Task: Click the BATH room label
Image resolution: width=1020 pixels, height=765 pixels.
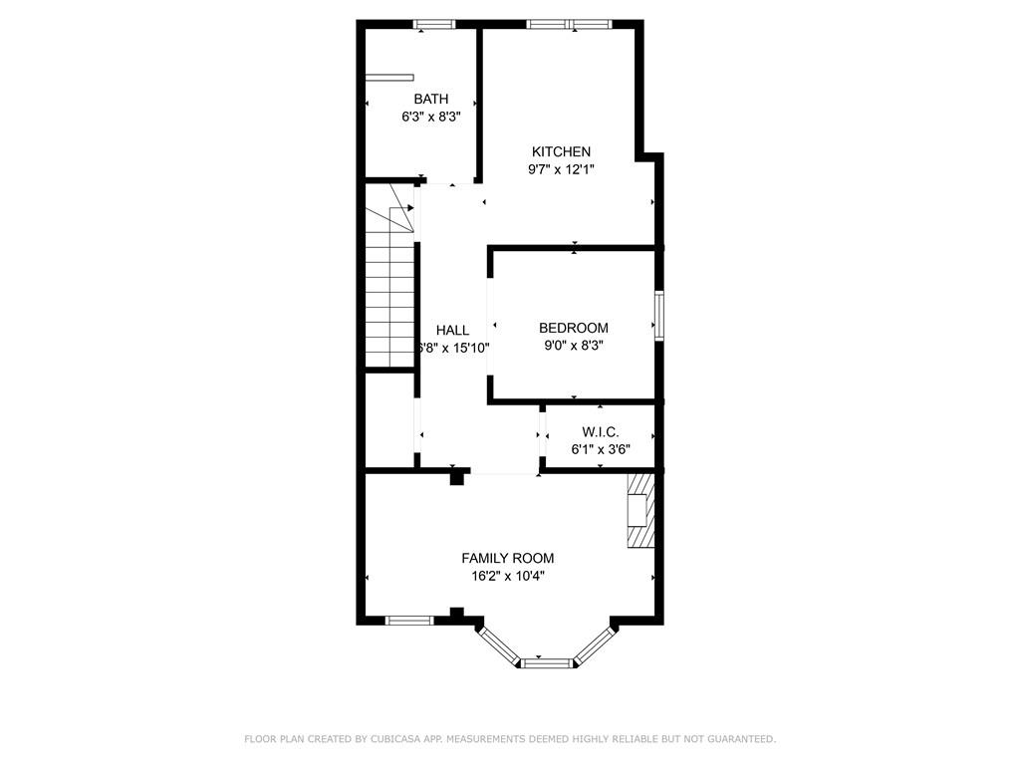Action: coord(430,99)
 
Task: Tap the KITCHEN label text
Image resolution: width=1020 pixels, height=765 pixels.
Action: coord(561,151)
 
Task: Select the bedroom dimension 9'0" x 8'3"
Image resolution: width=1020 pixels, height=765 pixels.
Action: coord(574,346)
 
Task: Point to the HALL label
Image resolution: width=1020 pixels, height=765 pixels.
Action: coord(452,330)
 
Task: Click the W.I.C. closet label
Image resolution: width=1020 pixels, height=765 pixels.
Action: coord(601,431)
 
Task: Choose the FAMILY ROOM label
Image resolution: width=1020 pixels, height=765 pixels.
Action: coord(507,558)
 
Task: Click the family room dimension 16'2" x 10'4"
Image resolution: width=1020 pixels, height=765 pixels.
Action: coord(507,576)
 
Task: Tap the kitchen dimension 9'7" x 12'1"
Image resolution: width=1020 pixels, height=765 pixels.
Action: coord(561,169)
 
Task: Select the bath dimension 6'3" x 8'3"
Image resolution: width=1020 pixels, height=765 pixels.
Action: coord(430,117)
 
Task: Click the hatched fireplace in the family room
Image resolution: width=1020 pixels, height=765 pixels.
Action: coord(639,510)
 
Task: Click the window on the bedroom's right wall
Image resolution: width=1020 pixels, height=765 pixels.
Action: coord(658,315)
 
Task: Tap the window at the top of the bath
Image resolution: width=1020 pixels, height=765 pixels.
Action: coord(434,24)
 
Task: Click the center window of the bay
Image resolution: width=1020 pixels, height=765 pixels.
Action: coord(545,661)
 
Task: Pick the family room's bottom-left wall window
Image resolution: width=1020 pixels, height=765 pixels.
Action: coord(408,621)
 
